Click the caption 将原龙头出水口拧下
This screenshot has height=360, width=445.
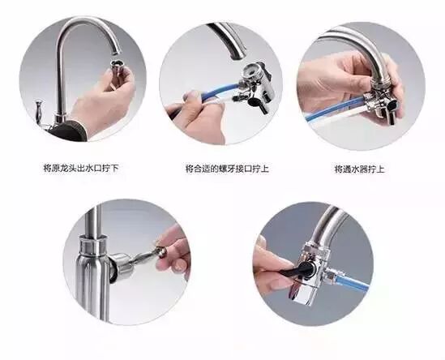80,169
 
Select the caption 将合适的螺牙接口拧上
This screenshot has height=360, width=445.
227,169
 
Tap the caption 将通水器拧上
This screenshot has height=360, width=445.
360,169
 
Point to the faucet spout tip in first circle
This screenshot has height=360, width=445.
116,51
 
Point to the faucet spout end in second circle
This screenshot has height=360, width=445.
237,55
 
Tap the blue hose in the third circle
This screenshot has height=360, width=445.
335,107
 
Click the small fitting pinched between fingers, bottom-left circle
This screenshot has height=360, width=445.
161,252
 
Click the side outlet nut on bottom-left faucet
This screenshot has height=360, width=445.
121,264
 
